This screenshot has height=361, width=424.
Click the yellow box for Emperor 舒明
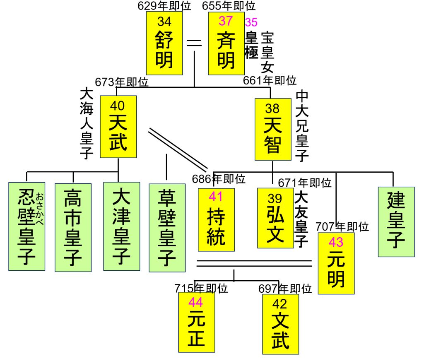(164, 43)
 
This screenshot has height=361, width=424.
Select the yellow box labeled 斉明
(226, 43)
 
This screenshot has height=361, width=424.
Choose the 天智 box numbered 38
(272, 129)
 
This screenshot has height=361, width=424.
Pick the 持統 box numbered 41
(216, 219)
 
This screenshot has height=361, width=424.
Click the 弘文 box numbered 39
(275, 218)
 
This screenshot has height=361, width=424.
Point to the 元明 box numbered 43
(336, 264)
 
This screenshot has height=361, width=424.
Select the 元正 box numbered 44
(196, 322)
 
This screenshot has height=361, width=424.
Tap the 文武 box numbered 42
(280, 324)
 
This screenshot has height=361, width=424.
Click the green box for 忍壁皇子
(27, 226)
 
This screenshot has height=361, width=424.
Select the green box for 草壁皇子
(167, 228)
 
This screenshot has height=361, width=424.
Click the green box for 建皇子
(396, 221)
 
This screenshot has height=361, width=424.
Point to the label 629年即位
(164, 6)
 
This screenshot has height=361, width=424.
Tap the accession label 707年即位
(342, 226)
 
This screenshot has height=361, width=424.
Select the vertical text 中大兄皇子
(303, 126)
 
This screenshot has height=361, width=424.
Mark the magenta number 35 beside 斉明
(251, 22)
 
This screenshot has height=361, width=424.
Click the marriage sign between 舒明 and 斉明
(195, 43)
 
